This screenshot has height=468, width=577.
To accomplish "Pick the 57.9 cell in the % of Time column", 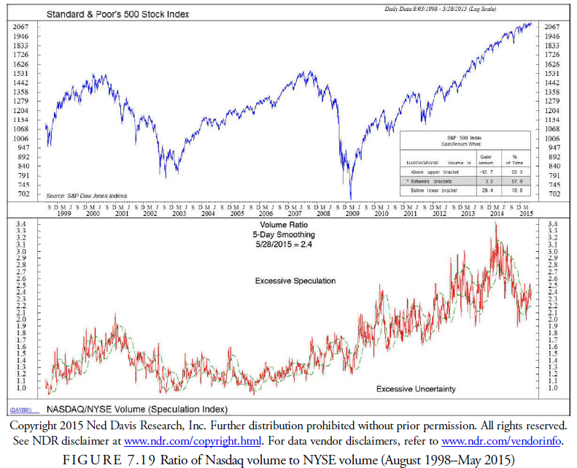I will pos(517,180).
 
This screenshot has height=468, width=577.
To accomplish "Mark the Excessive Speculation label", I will pos(295,281).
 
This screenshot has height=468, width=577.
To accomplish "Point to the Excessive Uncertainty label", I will pos(416,389).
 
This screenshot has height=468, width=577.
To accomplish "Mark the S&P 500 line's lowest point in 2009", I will pos(351,198).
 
